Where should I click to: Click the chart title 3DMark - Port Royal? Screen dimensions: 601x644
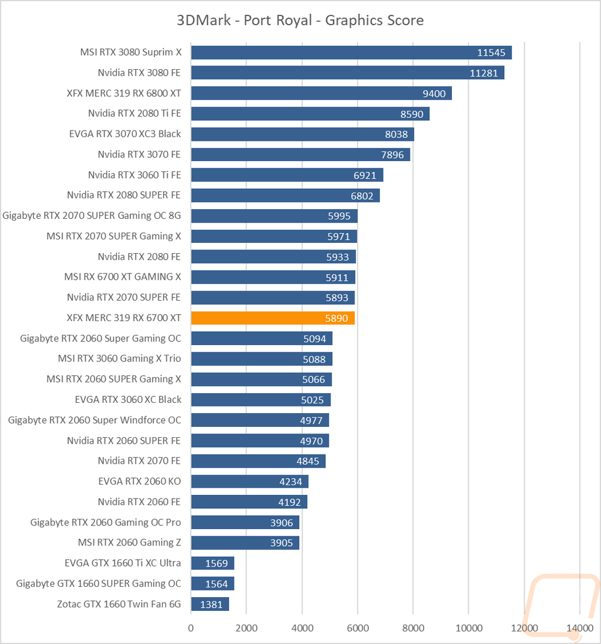(x=244, y=20)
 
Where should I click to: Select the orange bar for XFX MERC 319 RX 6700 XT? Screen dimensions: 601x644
(x=273, y=318)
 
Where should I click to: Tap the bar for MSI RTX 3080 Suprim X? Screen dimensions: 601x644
(x=352, y=52)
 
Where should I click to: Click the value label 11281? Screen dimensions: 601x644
(x=484, y=73)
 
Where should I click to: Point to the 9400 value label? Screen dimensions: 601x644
(x=434, y=94)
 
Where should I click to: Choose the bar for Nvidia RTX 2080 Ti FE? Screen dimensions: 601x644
(x=310, y=114)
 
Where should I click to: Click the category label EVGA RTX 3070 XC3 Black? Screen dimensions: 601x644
(x=125, y=134)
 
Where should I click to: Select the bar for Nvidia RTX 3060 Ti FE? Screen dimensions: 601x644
(x=287, y=175)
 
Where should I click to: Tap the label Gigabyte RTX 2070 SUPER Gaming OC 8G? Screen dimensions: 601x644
(x=91, y=216)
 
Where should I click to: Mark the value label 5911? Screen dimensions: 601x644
(x=337, y=278)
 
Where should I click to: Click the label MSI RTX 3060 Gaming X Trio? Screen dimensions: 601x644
(x=120, y=358)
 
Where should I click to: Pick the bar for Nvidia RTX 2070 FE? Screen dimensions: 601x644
(x=258, y=461)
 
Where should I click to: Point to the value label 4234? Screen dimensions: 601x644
(x=290, y=482)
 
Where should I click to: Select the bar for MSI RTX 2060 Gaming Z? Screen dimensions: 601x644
(x=245, y=543)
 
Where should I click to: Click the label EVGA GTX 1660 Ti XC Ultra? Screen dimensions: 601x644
(x=123, y=563)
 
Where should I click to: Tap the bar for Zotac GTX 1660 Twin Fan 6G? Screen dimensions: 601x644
(x=210, y=604)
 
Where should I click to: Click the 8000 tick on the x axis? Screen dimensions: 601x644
(x=413, y=628)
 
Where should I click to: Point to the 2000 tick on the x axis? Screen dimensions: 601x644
(x=246, y=628)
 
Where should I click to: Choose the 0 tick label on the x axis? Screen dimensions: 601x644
(x=191, y=628)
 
